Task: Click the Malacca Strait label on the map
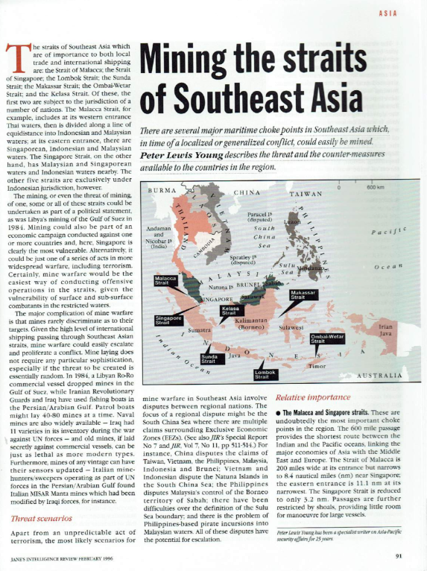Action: point(165,280)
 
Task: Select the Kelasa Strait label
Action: point(232,311)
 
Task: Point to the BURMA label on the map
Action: point(162,192)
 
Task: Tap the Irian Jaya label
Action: point(385,329)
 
